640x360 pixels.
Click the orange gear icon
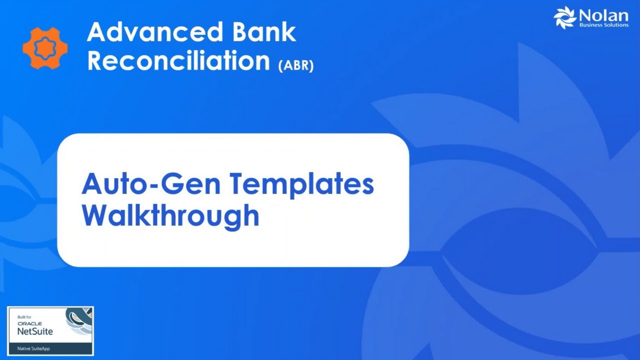pyautogui.click(x=45, y=48)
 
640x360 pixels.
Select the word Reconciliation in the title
pyautogui.click(x=178, y=61)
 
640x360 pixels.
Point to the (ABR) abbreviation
pyautogui.click(x=296, y=65)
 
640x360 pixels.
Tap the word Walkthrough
pyautogui.click(x=170, y=215)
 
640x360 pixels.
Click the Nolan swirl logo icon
pyautogui.click(x=565, y=17)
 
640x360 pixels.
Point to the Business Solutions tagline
pyautogui.click(x=603, y=25)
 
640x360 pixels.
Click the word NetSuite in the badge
pyautogui.click(x=35, y=331)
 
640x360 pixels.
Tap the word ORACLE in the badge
pyautogui.click(x=29, y=323)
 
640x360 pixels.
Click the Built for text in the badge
pyautogui.click(x=24, y=317)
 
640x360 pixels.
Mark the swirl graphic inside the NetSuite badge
pyautogui.click(x=79, y=322)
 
